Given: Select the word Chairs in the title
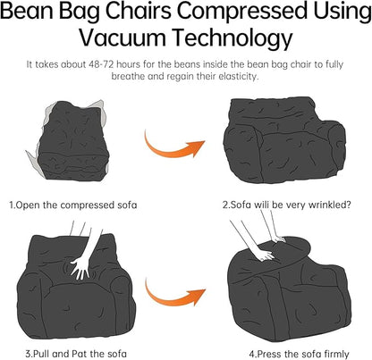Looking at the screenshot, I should click(x=131, y=13).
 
